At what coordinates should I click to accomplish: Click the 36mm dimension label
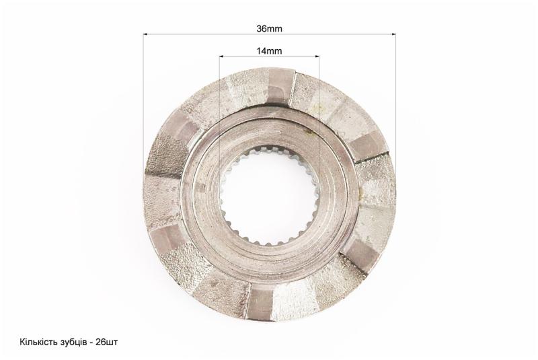(x=270, y=29)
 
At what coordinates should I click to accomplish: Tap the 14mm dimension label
(x=270, y=51)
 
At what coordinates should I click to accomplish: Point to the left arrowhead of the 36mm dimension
(x=145, y=34)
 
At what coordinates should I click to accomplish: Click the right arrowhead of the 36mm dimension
(x=393, y=34)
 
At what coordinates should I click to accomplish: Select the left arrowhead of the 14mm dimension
(x=222, y=56)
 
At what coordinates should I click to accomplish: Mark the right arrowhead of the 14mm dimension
(x=317, y=56)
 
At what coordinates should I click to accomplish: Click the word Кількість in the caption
(x=35, y=342)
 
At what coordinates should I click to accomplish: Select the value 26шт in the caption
(x=107, y=342)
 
